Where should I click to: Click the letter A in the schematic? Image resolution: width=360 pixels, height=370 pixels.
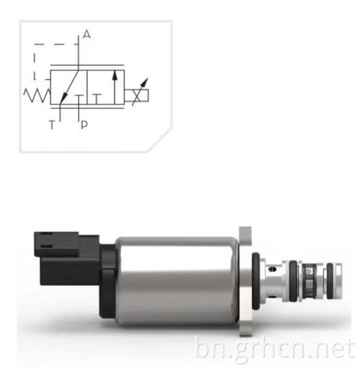click(x=86, y=35)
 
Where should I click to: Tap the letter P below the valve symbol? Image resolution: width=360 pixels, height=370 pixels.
click(x=84, y=125)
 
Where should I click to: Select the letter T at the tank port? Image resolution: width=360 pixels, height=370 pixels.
click(x=52, y=124)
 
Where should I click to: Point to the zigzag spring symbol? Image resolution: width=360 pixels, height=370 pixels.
click(x=37, y=95)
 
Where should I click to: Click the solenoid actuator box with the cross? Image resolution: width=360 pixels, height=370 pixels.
click(x=136, y=95)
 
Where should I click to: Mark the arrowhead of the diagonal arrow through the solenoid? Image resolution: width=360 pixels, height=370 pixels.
click(x=145, y=82)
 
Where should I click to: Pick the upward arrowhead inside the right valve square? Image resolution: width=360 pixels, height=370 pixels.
click(x=115, y=75)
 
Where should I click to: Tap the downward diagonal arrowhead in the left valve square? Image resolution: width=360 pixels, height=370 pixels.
click(x=64, y=97)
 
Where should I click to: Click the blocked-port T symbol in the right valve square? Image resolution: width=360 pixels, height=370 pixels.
click(x=96, y=99)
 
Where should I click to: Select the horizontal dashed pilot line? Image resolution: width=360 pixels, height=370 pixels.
click(x=56, y=44)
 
